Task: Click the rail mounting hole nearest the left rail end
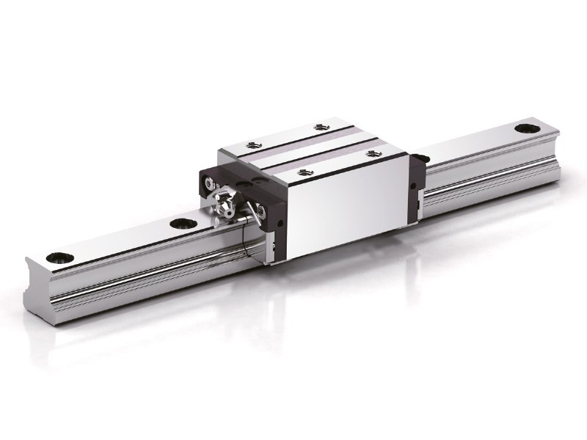click(57, 257)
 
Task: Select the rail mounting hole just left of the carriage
click(180, 223)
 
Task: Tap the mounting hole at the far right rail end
click(526, 129)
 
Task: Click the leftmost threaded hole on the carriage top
click(252, 144)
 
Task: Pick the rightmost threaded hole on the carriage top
click(370, 153)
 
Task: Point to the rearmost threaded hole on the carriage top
click(319, 127)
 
